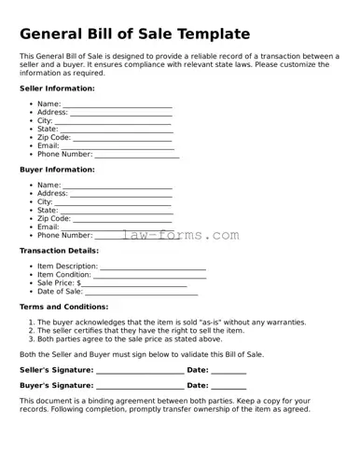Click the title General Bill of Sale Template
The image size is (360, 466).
[x=135, y=34]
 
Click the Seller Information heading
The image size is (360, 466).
[x=57, y=89]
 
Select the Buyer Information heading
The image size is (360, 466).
[x=57, y=170]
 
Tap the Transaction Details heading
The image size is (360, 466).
[x=59, y=251]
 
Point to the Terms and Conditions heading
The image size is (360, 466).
[x=63, y=307]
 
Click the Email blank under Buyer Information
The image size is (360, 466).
[x=117, y=228]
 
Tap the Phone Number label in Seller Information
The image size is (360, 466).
[x=64, y=155]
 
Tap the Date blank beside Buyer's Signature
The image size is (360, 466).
[x=228, y=387]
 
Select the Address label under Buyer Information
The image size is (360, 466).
[x=52, y=194]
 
